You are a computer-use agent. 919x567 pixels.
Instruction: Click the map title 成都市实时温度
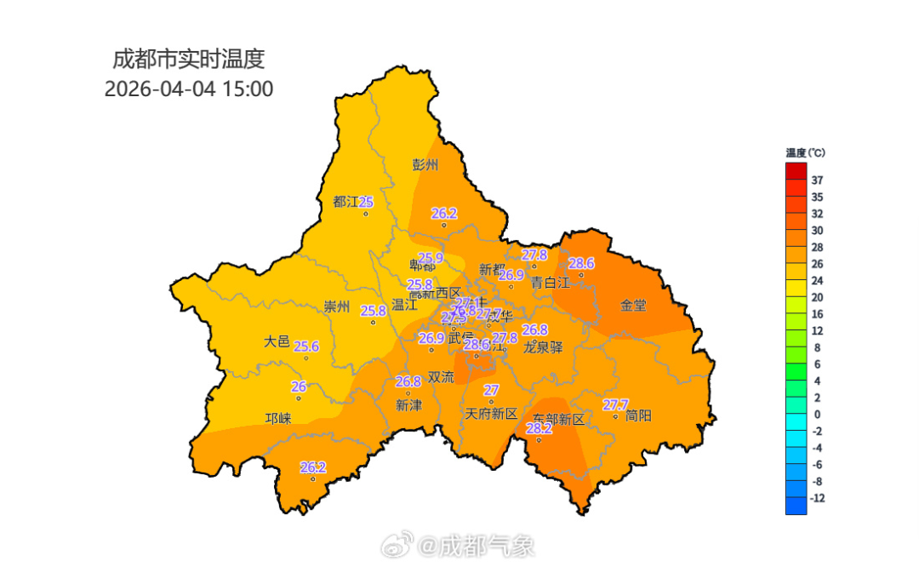point(189,59)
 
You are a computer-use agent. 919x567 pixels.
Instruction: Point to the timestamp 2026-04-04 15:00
point(189,89)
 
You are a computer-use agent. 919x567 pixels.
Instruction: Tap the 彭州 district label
point(425,165)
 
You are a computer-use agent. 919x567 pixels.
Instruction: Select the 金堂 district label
point(633,305)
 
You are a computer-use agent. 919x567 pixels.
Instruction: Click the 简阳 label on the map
point(638,415)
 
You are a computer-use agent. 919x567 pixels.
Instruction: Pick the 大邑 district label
point(277,341)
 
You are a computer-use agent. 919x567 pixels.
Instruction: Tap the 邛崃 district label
point(278,418)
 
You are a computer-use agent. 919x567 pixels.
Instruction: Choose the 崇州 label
point(337,307)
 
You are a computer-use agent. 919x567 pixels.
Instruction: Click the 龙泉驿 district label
point(543,346)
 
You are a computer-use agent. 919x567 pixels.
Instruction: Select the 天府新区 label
point(491,414)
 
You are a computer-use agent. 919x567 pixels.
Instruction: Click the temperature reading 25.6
point(306,346)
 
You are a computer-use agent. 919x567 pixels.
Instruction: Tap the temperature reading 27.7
point(615,404)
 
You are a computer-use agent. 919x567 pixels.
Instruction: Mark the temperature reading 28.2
point(539,429)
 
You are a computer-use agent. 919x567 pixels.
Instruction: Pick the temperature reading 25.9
point(431,257)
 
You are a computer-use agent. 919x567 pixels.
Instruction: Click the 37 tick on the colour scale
point(817,180)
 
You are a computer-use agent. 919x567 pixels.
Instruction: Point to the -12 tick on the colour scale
point(818,498)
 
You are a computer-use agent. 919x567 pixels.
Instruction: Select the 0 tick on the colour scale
point(817,415)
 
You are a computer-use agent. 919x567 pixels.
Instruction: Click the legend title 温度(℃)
point(805,152)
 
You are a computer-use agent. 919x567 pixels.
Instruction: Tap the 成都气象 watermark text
point(477,545)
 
